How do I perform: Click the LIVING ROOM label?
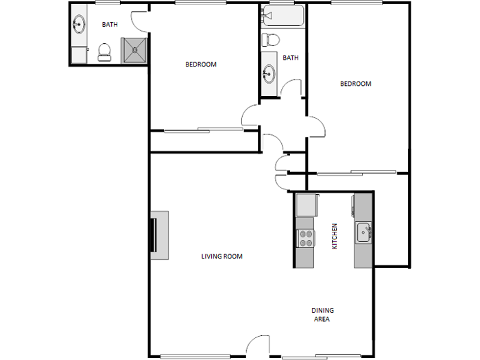pos(221,256)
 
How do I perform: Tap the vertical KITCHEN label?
pos(335,236)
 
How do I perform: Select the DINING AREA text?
pos(322,314)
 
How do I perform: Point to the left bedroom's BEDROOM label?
pos(200,64)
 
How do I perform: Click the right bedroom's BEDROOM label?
pos(356,84)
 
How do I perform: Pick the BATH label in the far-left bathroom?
pos(110,25)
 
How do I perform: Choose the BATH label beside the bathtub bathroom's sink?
pos(291,58)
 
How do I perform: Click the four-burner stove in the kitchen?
pos(306,238)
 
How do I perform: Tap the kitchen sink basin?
pos(363,232)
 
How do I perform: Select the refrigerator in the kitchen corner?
pos(306,204)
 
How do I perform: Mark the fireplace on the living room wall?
pos(159,235)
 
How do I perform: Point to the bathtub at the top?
pos(281,16)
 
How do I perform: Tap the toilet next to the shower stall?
pos(104,52)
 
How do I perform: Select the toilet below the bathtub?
pos(270,39)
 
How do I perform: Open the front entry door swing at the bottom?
pos(259,346)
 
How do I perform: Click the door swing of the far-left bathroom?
pos(139,21)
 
